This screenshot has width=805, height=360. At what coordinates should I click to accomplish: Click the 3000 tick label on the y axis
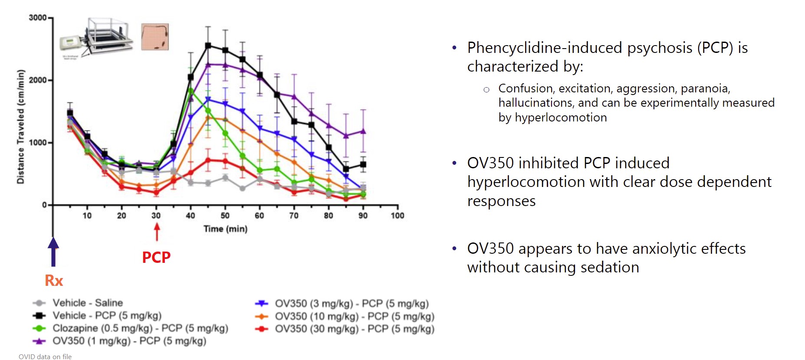37,18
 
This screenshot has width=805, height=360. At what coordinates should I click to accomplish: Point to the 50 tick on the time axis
225,216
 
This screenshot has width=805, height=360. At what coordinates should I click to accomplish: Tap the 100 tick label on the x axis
397,216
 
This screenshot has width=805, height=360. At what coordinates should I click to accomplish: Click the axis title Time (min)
225,229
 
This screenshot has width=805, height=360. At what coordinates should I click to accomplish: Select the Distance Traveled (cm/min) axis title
20,126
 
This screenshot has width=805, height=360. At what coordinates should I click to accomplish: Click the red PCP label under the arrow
156,257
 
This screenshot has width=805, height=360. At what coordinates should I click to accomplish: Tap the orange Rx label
54,281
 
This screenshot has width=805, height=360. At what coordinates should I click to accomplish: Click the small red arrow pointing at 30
157,232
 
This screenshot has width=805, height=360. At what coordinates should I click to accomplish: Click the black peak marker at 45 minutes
208,46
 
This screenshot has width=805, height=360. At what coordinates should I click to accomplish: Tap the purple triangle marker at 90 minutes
363,131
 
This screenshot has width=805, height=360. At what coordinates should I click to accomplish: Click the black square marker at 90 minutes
363,164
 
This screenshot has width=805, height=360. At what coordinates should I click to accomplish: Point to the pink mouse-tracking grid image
155,37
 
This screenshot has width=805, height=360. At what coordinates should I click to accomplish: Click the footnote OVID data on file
45,357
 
